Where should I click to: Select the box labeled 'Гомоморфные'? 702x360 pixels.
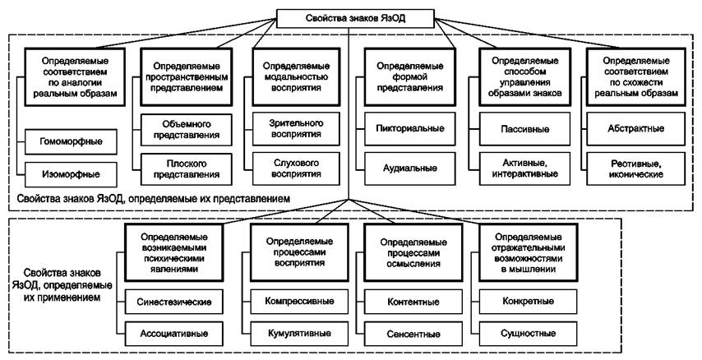tap(71, 141)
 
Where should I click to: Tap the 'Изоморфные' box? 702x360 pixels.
tap(71, 173)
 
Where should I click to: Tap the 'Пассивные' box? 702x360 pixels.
tap(520, 128)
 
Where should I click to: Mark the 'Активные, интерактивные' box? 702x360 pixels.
tap(520, 168)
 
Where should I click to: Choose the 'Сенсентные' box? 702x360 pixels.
tap(413, 334)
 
